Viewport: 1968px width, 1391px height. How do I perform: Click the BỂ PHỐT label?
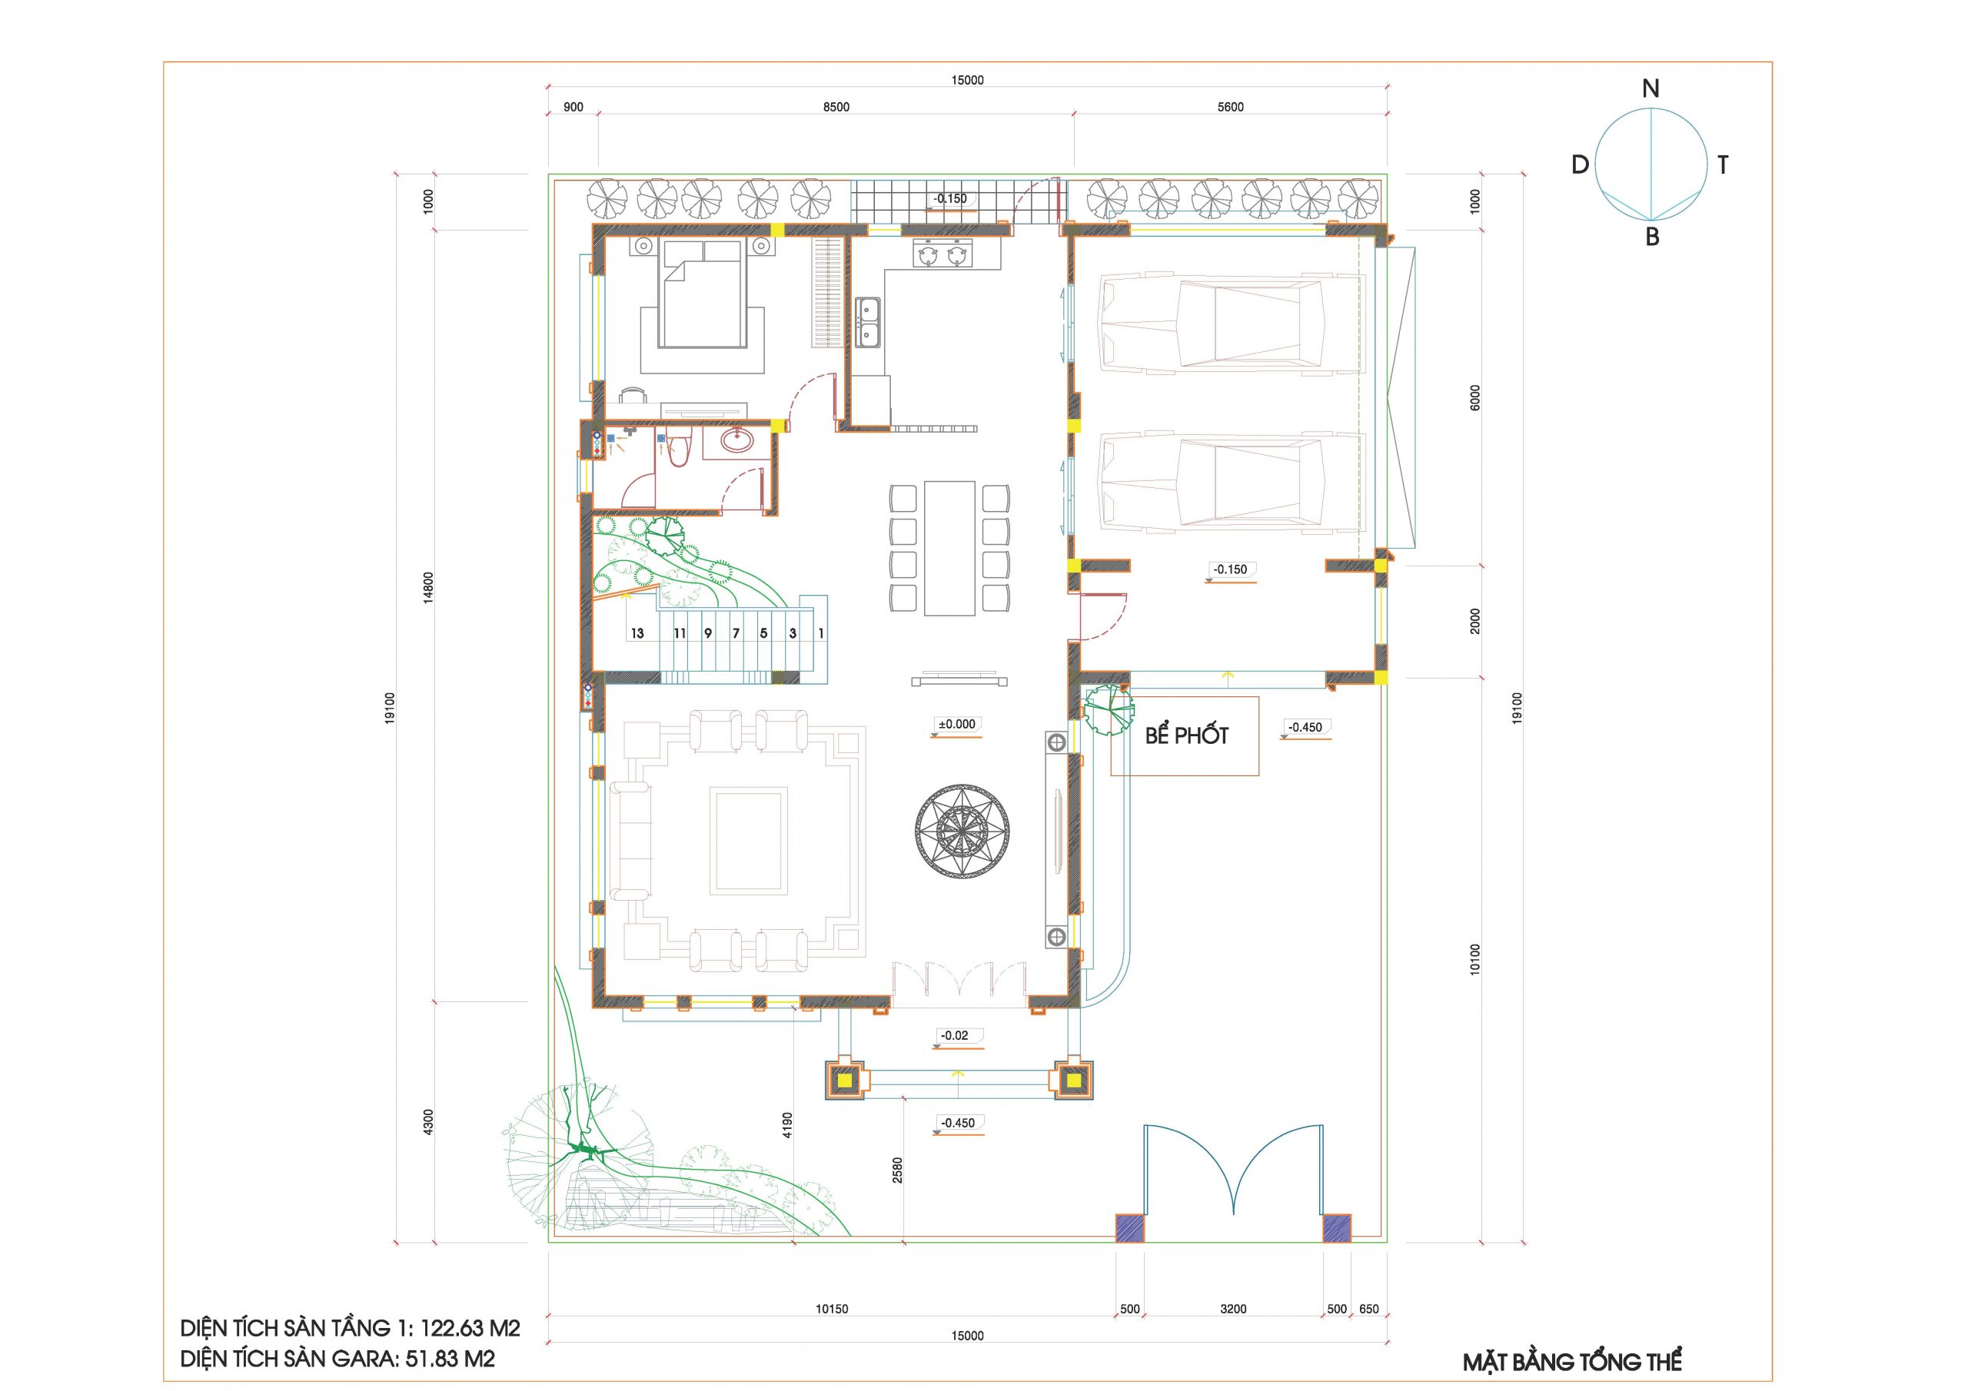coord(1186,735)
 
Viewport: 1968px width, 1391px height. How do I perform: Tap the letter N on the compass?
coord(1650,88)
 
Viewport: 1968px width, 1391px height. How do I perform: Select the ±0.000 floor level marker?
coord(956,724)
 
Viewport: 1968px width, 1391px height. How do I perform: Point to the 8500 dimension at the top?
coord(836,107)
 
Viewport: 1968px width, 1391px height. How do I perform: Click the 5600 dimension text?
coord(1230,107)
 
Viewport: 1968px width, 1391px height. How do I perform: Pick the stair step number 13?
coord(637,634)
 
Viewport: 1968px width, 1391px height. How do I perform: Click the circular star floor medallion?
coord(962,831)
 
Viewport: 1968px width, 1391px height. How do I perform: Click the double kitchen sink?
coord(867,322)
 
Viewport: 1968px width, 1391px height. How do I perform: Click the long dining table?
coord(949,548)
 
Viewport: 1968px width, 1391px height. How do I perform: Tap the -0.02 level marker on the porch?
coord(954,1035)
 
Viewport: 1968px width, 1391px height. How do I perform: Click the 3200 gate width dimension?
coord(1232,1309)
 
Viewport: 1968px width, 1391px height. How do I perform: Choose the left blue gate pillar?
coord(1129,1228)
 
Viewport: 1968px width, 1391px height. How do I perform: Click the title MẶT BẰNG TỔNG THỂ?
coord(1572,1362)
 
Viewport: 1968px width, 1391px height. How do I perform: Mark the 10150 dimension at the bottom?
coord(832,1309)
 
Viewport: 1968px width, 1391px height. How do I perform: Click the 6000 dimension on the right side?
coord(1474,397)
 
